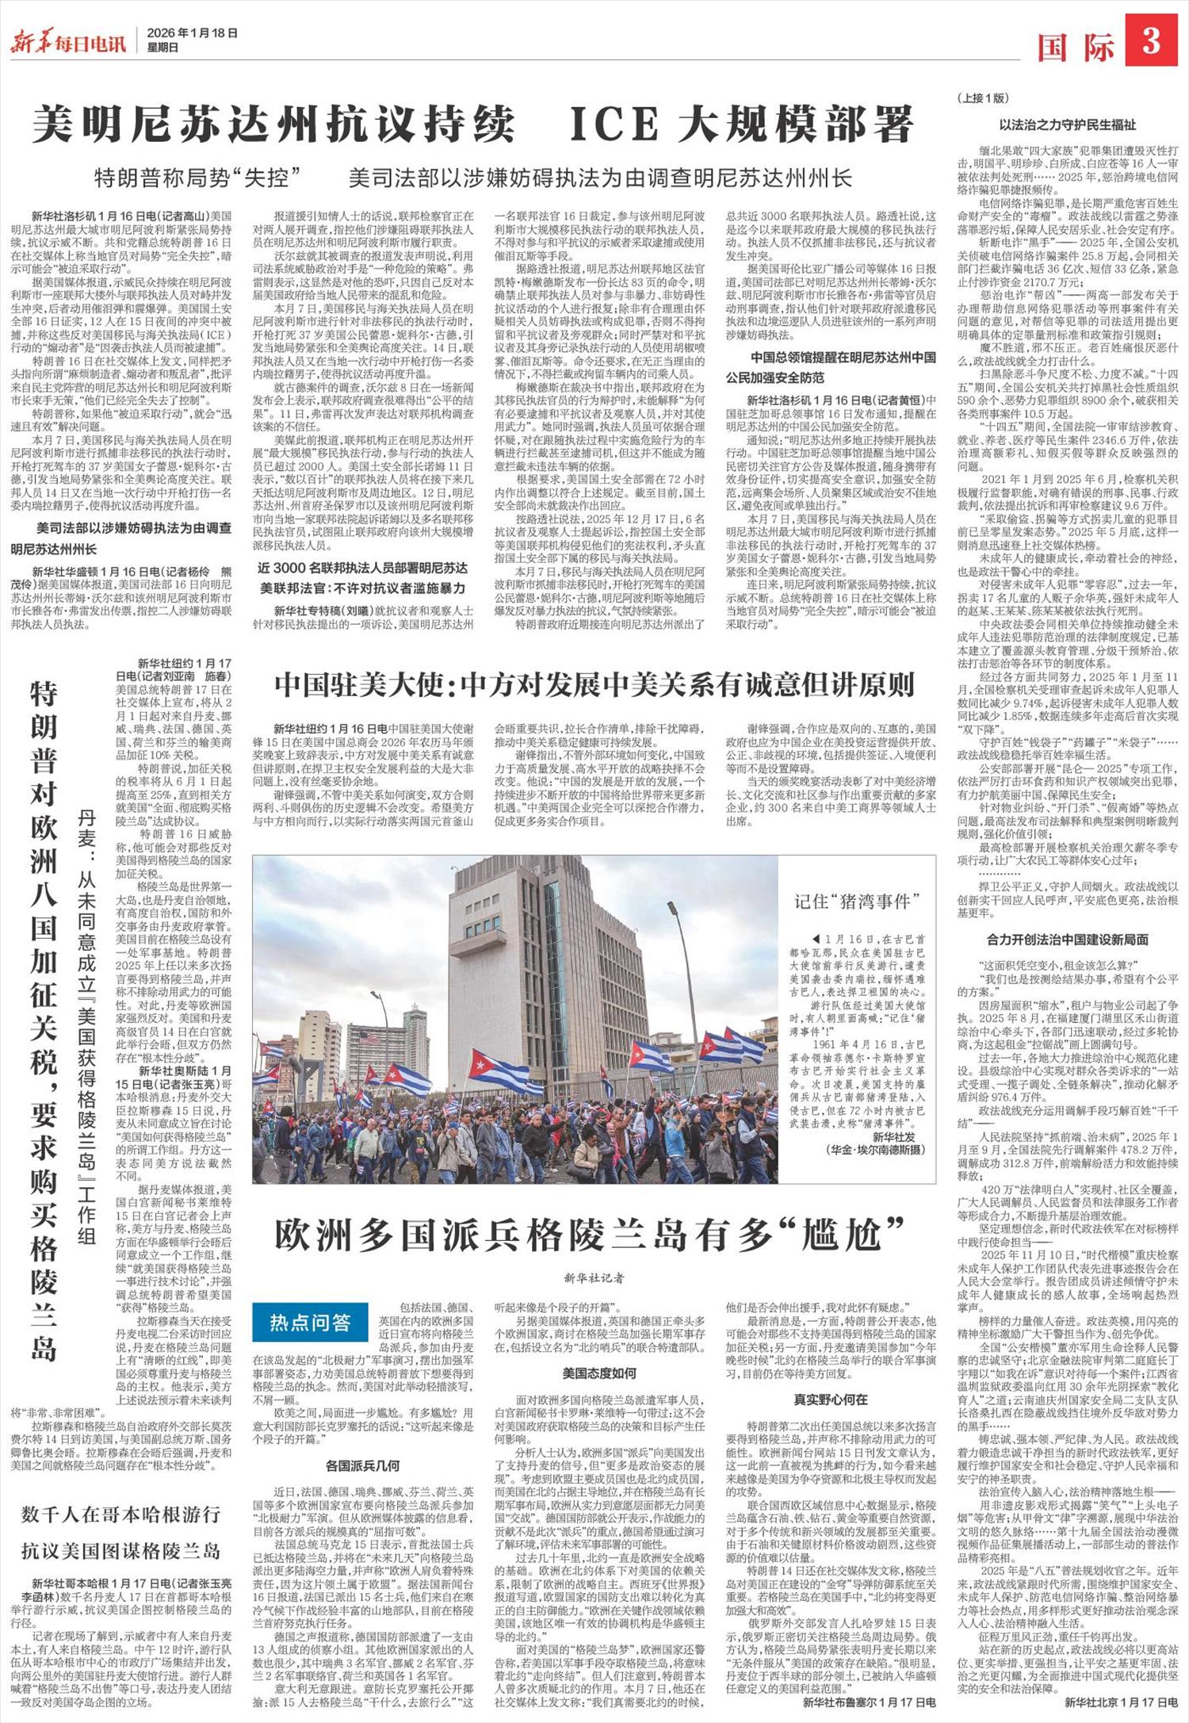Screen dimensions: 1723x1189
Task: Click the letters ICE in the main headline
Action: [x=621, y=122]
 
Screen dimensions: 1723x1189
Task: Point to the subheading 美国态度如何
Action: [x=599, y=1373]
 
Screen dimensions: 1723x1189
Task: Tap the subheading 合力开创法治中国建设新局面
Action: [x=1067, y=939]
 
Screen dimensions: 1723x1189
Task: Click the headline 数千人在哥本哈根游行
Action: [x=121, y=1514]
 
